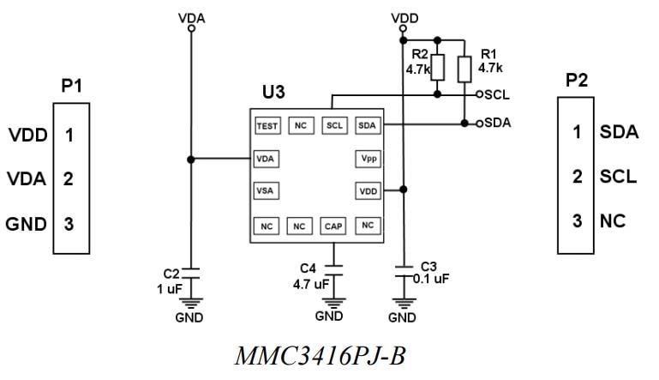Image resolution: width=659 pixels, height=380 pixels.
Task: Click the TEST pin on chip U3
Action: pyautogui.click(x=267, y=126)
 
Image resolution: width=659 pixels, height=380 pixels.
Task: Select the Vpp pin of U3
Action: pyautogui.click(x=367, y=159)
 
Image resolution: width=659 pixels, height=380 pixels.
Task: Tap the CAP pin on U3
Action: pyautogui.click(x=333, y=226)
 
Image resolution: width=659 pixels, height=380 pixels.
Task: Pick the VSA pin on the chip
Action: pyautogui.click(x=267, y=190)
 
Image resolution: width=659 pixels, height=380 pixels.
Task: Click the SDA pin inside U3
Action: pyautogui.click(x=367, y=126)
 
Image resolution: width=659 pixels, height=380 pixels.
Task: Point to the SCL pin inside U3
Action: pyautogui.click(x=334, y=126)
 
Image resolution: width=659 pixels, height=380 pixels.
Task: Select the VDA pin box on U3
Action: pyautogui.click(x=267, y=159)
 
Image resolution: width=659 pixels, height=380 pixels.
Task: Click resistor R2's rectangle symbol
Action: pyautogui.click(x=438, y=68)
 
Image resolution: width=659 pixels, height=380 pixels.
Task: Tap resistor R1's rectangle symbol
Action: pyautogui.click(x=464, y=68)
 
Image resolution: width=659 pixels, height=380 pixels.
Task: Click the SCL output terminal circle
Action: pyautogui.click(x=479, y=94)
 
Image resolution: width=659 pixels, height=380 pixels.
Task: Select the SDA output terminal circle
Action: pyautogui.click(x=479, y=123)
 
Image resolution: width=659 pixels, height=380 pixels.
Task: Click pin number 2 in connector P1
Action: pyautogui.click(x=69, y=179)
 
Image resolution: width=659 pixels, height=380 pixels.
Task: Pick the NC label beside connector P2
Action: pyautogui.click(x=612, y=220)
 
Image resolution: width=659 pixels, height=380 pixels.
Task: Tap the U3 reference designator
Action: pyautogui.click(x=274, y=92)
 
